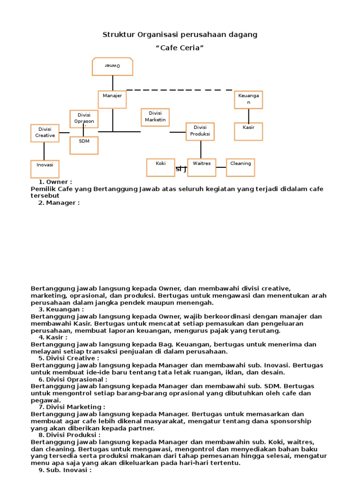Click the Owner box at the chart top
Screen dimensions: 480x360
coord(112,67)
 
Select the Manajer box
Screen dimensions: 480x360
coord(112,99)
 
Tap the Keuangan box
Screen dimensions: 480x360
coord(248,99)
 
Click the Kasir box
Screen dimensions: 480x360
coord(248,131)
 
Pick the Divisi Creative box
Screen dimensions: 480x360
coord(45,133)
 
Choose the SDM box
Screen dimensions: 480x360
coord(84,145)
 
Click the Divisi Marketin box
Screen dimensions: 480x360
coord(155,117)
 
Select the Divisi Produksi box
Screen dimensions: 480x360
coord(200,131)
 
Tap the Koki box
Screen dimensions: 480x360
coord(161,167)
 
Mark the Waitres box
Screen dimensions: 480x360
coord(202,167)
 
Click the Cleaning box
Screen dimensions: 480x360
coord(240,167)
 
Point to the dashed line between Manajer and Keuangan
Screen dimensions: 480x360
coord(180,90)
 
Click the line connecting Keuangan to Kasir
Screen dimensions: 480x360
coord(248,116)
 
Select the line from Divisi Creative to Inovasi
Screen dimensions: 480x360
coord(44,150)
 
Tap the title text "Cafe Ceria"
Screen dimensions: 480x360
coord(180,48)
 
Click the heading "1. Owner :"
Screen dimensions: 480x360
coord(55,182)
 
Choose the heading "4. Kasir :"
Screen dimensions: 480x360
coord(53,337)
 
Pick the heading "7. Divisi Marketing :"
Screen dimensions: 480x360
coord(72,407)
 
